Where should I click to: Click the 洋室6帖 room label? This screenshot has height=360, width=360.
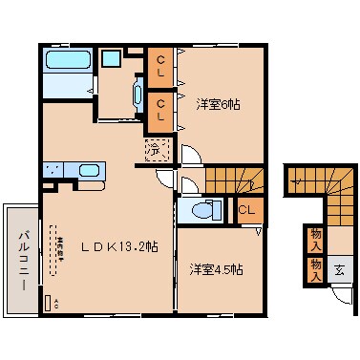pyautogui.click(x=219, y=105)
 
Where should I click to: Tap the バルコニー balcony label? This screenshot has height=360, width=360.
pyautogui.click(x=22, y=259)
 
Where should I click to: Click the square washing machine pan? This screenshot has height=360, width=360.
pyautogui.click(x=112, y=57)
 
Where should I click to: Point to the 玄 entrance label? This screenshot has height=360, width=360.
pyautogui.click(x=339, y=269)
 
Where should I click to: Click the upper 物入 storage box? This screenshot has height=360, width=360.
pyautogui.click(x=314, y=238)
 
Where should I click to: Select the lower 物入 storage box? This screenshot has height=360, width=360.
pyautogui.click(x=314, y=268)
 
